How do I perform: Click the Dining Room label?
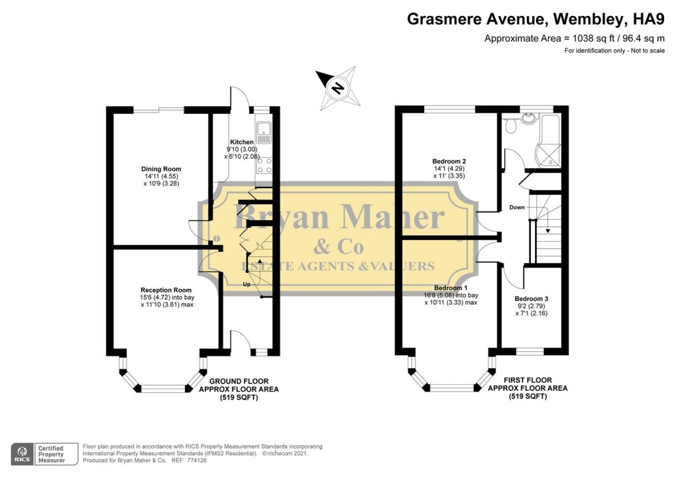[x=162, y=169]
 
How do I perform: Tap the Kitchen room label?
[x=241, y=142]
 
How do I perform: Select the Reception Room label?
[x=166, y=290]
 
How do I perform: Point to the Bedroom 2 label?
[x=449, y=161]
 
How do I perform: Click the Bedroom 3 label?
[x=532, y=299]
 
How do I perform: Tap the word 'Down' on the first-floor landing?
[x=518, y=207]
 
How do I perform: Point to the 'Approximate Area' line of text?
[x=574, y=38]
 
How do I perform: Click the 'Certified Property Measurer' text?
[x=51, y=454]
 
